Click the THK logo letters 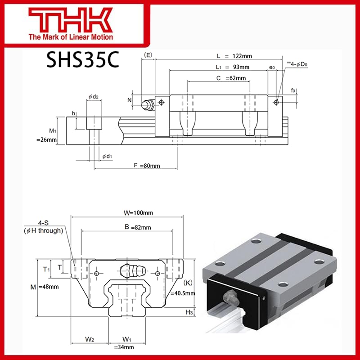coord(70,20)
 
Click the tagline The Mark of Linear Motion coord(70,37)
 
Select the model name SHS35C coord(82,60)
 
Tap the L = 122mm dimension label coord(234,56)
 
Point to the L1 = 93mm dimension coord(233,67)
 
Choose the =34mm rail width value coord(127,347)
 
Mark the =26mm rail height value coord(46,140)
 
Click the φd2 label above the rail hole coord(94,96)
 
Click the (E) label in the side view coord(147,55)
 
